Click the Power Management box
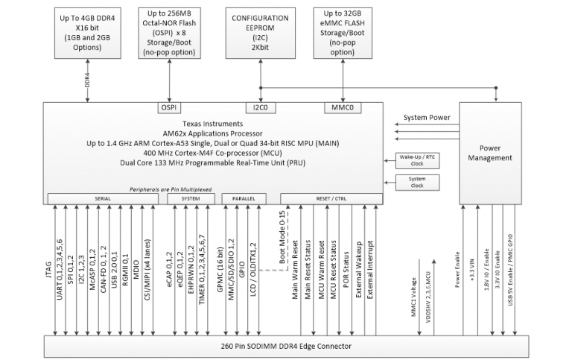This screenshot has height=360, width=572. [x=495, y=153]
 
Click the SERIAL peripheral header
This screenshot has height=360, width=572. [x=104, y=198]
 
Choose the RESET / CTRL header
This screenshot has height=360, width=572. [x=331, y=198]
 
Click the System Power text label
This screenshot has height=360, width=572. [x=427, y=118]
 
